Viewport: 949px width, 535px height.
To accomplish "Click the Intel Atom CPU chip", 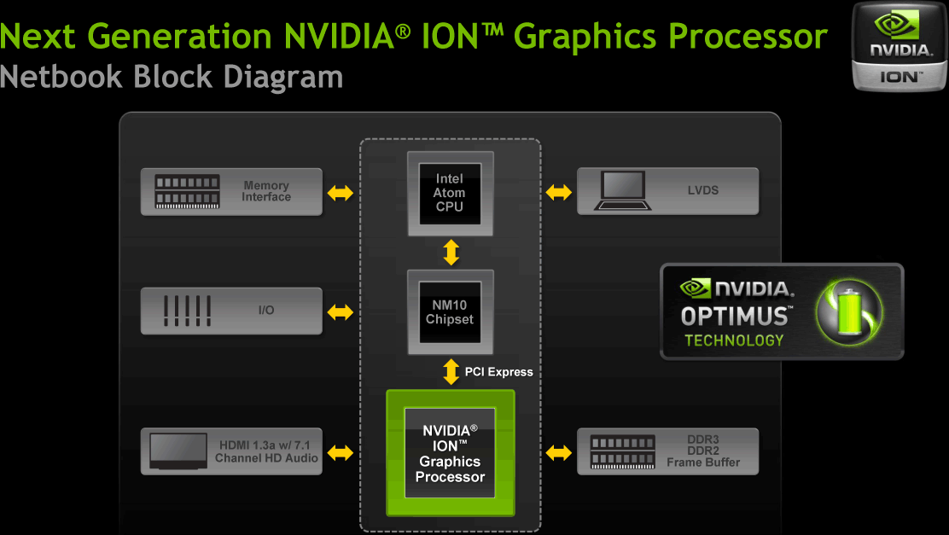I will (x=450, y=193).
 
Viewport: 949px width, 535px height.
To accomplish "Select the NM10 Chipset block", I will (x=450, y=311).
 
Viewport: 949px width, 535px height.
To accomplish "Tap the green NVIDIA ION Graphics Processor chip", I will (x=450, y=453).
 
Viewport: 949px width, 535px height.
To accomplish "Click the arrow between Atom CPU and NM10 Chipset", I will (x=451, y=253).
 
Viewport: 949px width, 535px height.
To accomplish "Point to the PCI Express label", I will (x=499, y=372).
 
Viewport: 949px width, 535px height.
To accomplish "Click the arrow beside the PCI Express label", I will (x=451, y=371).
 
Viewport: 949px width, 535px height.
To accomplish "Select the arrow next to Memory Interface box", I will (x=340, y=194).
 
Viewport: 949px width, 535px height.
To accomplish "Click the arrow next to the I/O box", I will (x=340, y=312).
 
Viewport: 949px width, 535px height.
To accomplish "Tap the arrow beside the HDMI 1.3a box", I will (x=340, y=452).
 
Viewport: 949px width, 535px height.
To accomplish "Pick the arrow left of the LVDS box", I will (x=559, y=193).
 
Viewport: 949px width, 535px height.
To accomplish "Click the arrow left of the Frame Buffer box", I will (x=559, y=452).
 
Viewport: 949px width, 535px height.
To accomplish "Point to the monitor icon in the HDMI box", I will (x=178, y=451).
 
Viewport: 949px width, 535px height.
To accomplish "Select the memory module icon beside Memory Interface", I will (x=187, y=192).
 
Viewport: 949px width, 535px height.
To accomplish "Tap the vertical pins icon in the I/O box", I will (x=187, y=311).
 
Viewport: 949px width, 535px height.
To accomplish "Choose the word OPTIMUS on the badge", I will (x=734, y=317).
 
